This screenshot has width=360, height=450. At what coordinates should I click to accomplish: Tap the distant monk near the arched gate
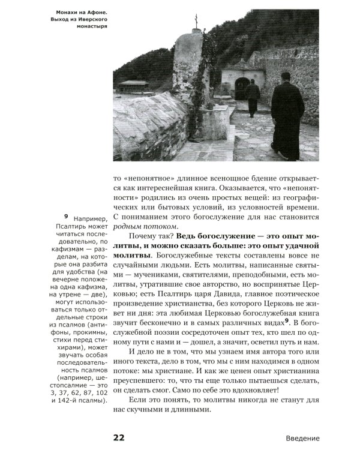[252, 96]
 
